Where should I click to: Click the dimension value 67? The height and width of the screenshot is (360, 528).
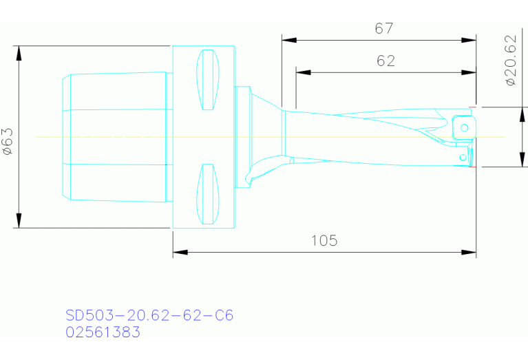tap(383, 29)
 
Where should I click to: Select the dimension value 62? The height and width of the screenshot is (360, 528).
tap(386, 61)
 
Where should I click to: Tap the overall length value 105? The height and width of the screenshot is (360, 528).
tap(324, 240)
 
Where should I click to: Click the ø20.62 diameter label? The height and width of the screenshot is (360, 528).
tap(510, 61)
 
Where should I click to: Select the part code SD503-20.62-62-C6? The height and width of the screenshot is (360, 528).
tap(149, 315)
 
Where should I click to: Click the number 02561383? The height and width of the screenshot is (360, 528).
tap(103, 332)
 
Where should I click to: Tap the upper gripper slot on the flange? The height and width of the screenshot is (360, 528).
tap(209, 81)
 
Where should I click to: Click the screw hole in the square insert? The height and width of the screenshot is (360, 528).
tap(465, 127)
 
